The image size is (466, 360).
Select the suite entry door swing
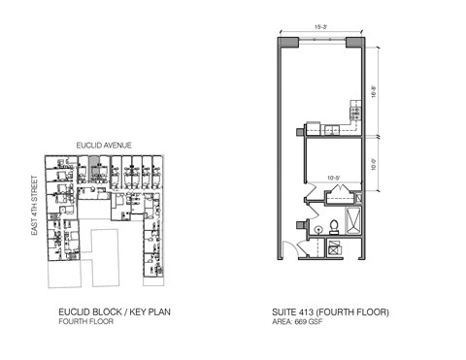pyautogui.click(x=291, y=249)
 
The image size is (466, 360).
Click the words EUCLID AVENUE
pyautogui.click(x=104, y=145)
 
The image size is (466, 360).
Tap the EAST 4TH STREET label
pyautogui.click(x=34, y=205)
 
